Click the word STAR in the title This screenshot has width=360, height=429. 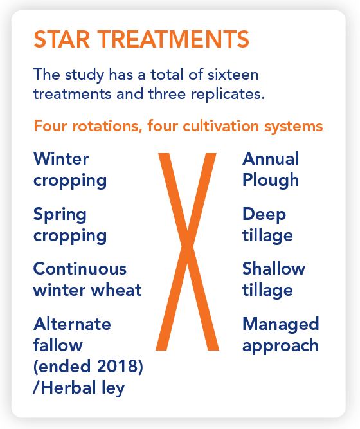62,39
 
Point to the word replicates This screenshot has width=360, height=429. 228,95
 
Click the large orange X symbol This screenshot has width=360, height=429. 187,251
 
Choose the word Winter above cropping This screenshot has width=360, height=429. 61,159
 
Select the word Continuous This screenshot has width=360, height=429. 80,269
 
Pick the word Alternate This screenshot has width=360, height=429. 72,324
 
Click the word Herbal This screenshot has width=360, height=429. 69,387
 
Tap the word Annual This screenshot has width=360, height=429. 271,159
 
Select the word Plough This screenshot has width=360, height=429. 271,181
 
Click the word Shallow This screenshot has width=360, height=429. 274,269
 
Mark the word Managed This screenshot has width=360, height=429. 281,325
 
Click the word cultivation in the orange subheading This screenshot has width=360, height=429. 221,126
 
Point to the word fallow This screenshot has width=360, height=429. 58,345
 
